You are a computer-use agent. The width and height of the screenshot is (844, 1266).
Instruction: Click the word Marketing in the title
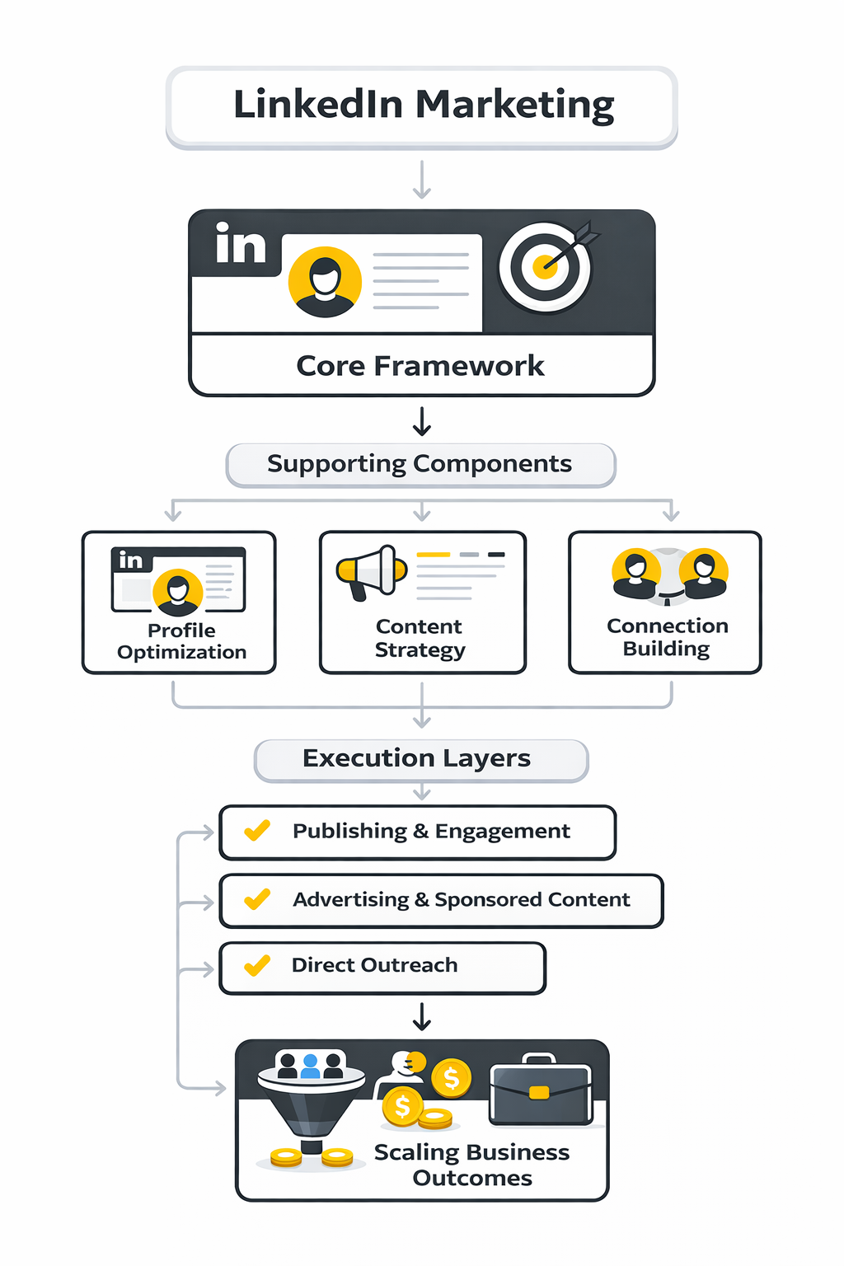pyautogui.click(x=514, y=105)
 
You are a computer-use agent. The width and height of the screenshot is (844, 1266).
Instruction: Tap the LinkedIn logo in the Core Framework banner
pyautogui.click(x=240, y=245)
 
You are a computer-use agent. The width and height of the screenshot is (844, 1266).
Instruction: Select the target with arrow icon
pyautogui.click(x=546, y=266)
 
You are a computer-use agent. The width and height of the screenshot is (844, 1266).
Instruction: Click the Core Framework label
pyautogui.click(x=420, y=366)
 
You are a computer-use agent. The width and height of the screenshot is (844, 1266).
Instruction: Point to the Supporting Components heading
pyautogui.click(x=420, y=465)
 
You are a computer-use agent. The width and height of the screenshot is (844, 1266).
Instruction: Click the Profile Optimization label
pyautogui.click(x=181, y=641)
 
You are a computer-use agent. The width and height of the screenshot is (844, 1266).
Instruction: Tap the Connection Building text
pyautogui.click(x=667, y=637)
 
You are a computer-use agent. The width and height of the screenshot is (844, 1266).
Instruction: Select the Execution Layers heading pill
pyautogui.click(x=420, y=759)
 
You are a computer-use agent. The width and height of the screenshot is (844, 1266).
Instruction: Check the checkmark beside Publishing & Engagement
pyautogui.click(x=257, y=830)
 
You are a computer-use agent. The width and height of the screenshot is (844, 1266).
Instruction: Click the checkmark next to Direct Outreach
pyautogui.click(x=257, y=964)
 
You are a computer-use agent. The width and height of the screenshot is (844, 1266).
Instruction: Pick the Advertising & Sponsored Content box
pyautogui.click(x=441, y=900)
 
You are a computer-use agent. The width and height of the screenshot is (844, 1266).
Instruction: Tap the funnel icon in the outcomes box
pyautogui.click(x=311, y=1100)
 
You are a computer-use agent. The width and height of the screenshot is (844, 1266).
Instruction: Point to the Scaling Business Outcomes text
pyautogui.click(x=472, y=1165)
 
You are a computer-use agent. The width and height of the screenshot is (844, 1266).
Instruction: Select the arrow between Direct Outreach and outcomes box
pyautogui.click(x=422, y=1017)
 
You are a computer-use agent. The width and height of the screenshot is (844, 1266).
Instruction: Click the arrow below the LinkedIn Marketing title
pyautogui.click(x=422, y=180)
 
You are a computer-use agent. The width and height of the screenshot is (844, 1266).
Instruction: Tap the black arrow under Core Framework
pyautogui.click(x=422, y=420)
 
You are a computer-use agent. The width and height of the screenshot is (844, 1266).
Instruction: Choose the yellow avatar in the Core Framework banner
pyautogui.click(x=326, y=282)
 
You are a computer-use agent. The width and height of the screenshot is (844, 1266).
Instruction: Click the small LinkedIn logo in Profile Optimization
pyautogui.click(x=130, y=560)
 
